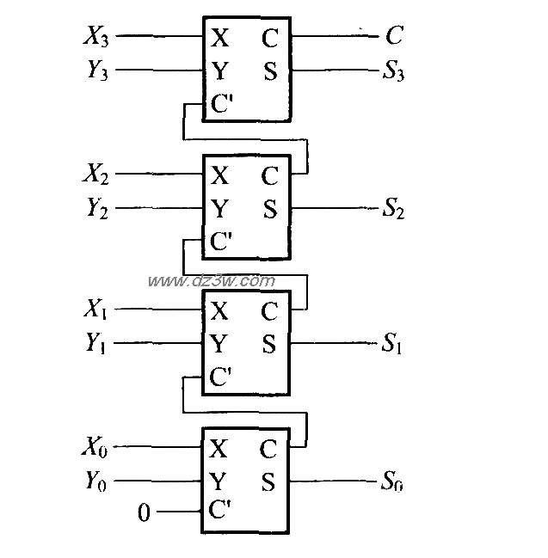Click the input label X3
pyautogui.click(x=95, y=37)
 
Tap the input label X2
pyautogui.click(x=95, y=175)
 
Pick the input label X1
pyautogui.click(x=95, y=310)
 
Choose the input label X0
pyautogui.click(x=95, y=447)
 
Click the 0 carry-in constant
pyautogui.click(x=144, y=514)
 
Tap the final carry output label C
pyautogui.click(x=394, y=37)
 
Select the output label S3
pyautogui.click(x=393, y=72)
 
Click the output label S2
pyautogui.click(x=393, y=209)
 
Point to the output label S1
pyautogui.click(x=393, y=345)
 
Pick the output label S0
pyautogui.click(x=393, y=482)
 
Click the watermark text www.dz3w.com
pyautogui.click(x=211, y=281)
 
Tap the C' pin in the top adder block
pyautogui.click(x=222, y=106)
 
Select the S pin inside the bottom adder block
pyautogui.click(x=269, y=482)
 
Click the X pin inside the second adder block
pyautogui.click(x=220, y=175)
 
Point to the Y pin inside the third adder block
pyautogui.click(x=220, y=344)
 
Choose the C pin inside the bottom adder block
pyautogui.click(x=269, y=449)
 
